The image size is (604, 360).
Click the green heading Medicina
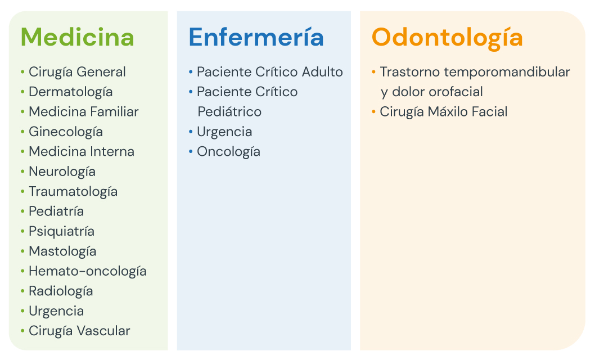tap(78, 37)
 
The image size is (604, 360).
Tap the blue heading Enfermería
tap(256, 37)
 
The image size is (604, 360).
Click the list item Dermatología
tap(71, 92)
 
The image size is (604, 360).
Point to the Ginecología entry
tap(66, 132)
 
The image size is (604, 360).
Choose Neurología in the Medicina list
tap(62, 172)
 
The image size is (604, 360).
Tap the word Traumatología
tap(73, 192)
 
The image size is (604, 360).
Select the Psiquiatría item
tap(62, 232)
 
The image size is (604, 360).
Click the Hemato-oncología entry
tap(88, 272)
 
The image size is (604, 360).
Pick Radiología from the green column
tap(61, 291)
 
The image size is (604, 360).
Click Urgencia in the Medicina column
tap(57, 312)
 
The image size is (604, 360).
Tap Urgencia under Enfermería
tap(224, 132)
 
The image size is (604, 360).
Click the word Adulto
tap(322, 72)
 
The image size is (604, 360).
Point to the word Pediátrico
tap(229, 112)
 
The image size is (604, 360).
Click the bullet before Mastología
tap(22, 251)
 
